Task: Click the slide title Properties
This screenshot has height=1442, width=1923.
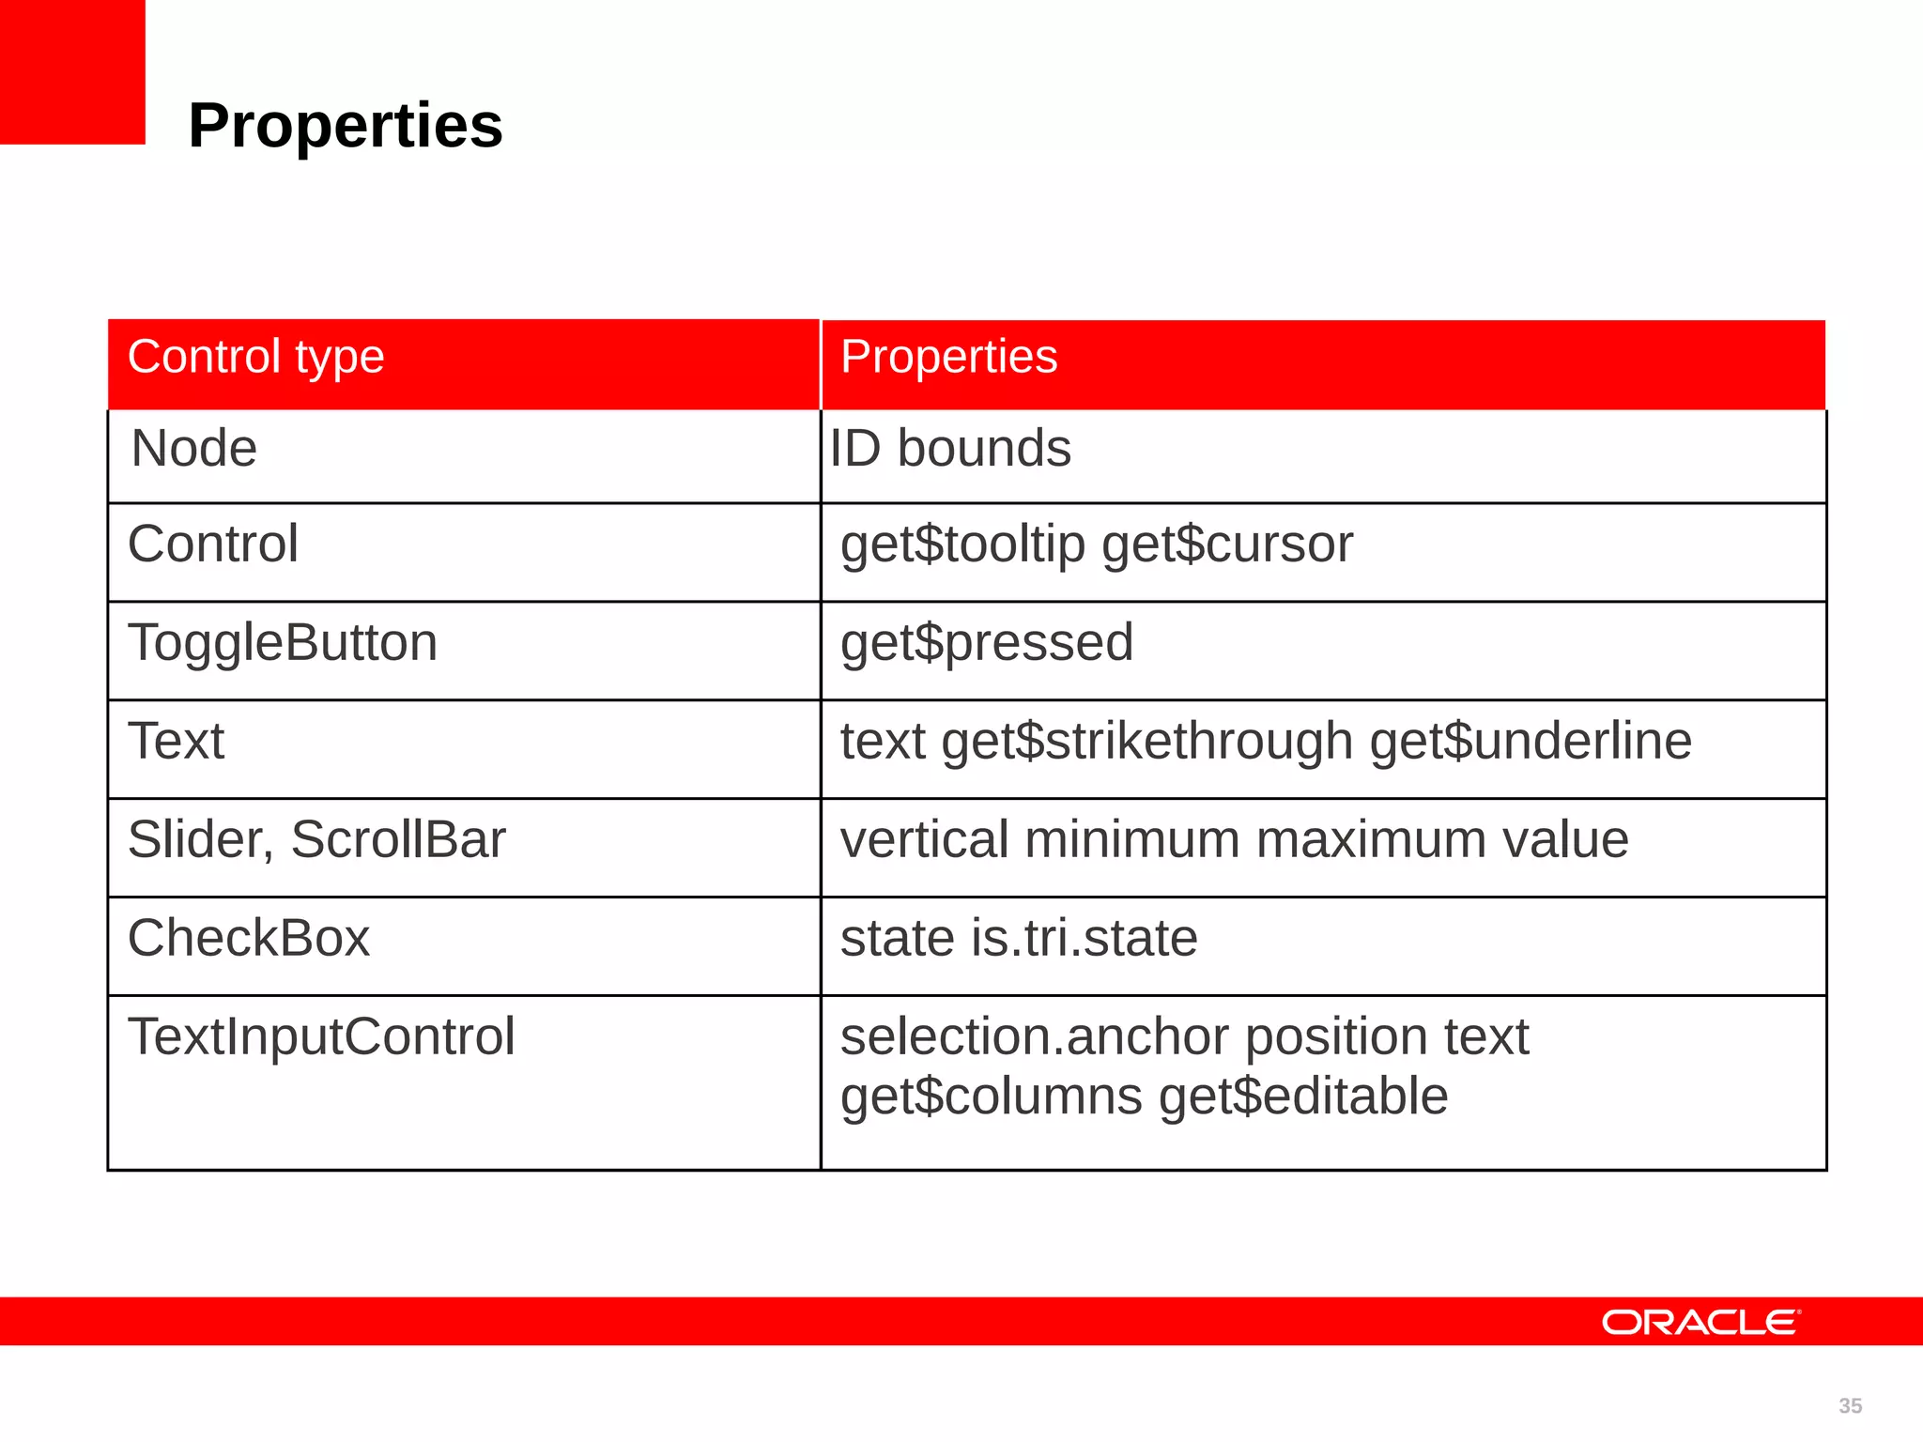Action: point(345,126)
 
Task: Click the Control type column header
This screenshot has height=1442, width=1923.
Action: point(255,358)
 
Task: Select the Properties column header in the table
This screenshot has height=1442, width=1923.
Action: point(948,358)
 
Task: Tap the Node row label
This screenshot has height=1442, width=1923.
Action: point(193,449)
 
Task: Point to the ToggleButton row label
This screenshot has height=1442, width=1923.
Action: point(282,643)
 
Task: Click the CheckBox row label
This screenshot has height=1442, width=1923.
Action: point(249,938)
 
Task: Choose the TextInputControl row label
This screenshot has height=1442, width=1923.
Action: point(321,1036)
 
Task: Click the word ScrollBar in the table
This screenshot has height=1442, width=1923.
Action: point(398,839)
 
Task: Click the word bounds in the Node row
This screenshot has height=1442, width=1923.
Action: point(983,449)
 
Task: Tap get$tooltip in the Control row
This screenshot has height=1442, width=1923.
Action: point(962,545)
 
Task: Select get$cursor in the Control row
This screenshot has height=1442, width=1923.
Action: point(1227,545)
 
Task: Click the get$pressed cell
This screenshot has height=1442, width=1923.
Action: point(986,644)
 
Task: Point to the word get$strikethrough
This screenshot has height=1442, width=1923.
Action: point(1146,742)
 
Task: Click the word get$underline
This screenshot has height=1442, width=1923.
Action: point(1531,742)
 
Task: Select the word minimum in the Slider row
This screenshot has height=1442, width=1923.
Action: point(1132,839)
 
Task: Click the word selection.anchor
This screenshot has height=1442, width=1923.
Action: point(1034,1036)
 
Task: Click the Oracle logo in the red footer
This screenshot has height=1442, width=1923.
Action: point(1700,1322)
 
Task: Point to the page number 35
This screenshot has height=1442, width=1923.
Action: point(1850,1405)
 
